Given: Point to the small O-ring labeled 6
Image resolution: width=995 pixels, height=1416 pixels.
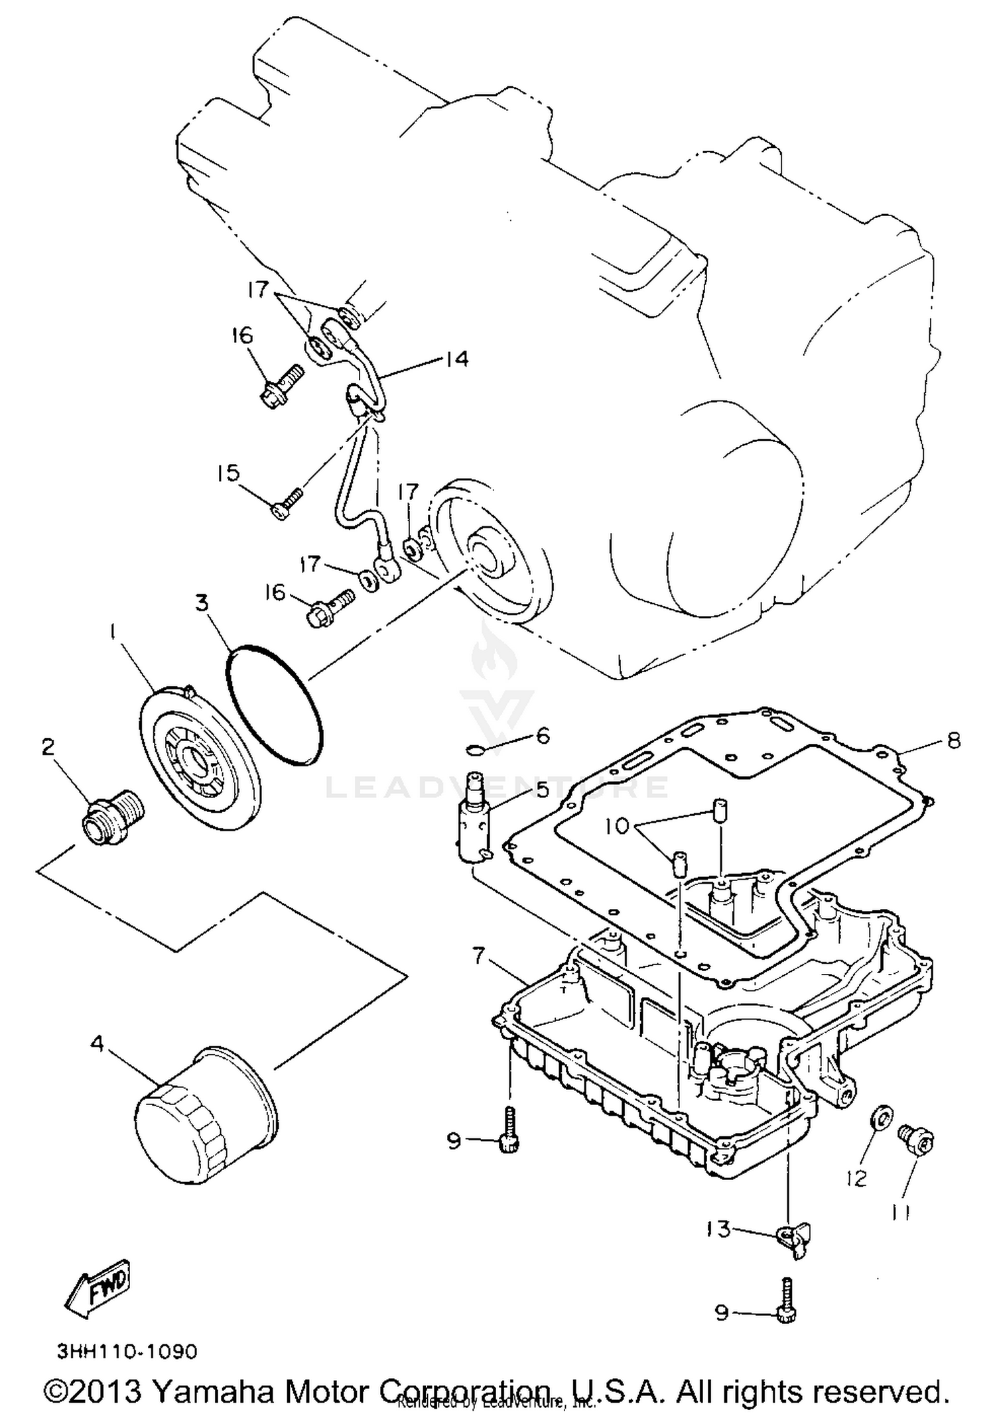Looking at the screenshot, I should [x=475, y=750].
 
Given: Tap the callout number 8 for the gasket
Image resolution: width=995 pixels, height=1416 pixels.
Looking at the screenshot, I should [x=953, y=740].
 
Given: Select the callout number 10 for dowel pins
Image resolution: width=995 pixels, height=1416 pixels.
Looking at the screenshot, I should [x=617, y=826].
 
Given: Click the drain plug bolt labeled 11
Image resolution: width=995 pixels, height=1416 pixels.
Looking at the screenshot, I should [x=916, y=1139].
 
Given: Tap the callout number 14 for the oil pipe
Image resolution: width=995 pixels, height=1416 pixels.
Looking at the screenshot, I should [x=457, y=359].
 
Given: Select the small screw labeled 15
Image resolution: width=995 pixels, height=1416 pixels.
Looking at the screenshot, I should [x=287, y=504].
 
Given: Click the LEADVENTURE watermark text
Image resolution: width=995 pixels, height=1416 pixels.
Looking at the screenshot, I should [x=497, y=787].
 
